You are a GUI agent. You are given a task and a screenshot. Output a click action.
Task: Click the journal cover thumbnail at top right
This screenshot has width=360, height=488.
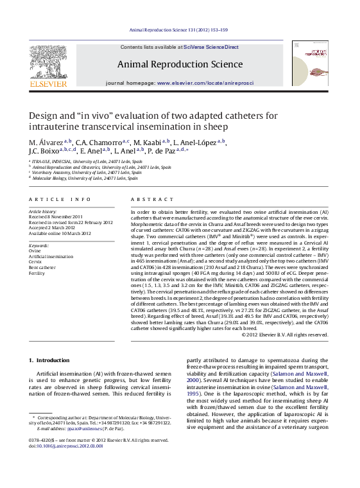[310, 63]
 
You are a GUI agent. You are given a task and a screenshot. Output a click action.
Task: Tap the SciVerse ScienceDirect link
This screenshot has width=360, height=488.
[210, 48]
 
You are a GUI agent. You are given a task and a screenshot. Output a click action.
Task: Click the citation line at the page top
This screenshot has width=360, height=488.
[179, 30]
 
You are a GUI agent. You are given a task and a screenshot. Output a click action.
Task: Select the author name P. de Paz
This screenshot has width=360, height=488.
[168, 151]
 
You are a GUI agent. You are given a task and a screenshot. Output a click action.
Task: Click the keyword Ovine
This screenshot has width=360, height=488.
[36, 251]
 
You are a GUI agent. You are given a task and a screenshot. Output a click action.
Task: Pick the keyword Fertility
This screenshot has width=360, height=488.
[38, 273]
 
